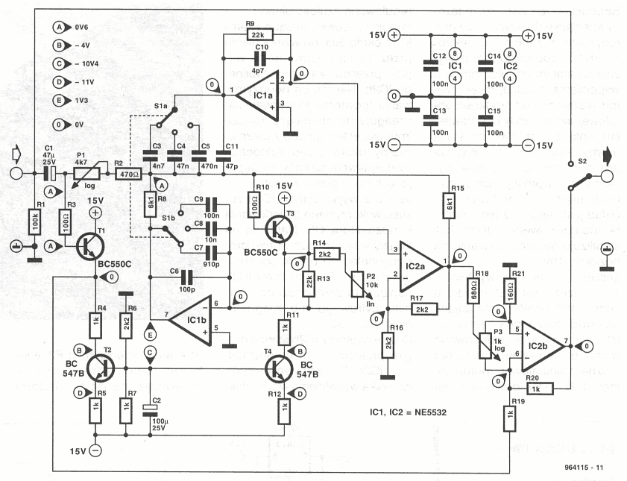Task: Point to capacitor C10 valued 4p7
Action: click(x=261, y=60)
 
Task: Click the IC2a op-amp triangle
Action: click(x=420, y=260)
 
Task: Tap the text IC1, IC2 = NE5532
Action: click(x=411, y=412)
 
